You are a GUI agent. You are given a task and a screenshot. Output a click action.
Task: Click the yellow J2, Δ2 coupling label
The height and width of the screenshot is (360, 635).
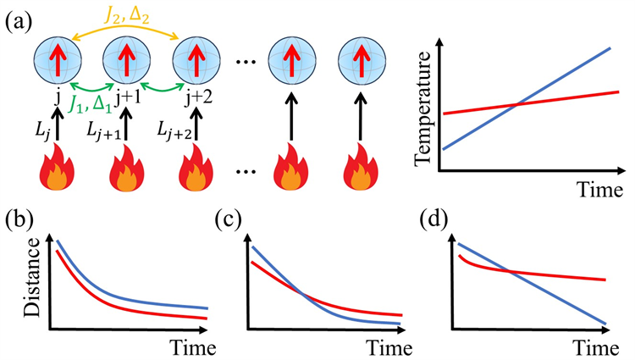[x=127, y=13]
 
